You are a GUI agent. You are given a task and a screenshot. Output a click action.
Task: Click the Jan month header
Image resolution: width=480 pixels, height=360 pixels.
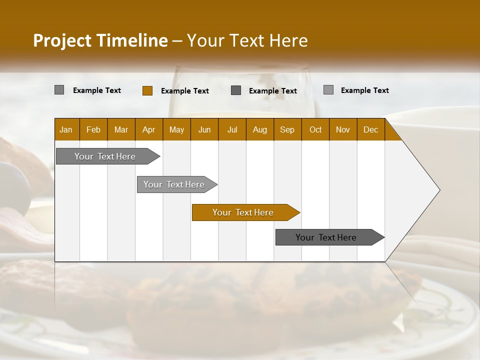tap(66, 129)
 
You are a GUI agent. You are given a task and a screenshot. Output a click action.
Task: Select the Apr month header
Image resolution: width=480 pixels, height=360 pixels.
tap(149, 129)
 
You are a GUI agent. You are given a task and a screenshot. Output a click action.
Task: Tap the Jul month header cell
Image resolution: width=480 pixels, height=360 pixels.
tap(232, 129)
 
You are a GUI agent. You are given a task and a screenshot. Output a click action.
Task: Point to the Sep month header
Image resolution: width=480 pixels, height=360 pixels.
tap(287, 129)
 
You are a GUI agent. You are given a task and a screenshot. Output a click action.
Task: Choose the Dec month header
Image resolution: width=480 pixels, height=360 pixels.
tap(370, 129)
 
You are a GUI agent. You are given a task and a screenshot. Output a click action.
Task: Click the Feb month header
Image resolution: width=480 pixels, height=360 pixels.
tap(93, 129)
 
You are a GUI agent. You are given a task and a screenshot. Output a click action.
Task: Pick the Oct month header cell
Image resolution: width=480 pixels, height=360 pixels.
tap(315, 129)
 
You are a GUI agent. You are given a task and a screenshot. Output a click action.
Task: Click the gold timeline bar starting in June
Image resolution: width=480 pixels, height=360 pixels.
tap(243, 212)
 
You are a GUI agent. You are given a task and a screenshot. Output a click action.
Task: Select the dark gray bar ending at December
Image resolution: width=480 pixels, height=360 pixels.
tap(326, 237)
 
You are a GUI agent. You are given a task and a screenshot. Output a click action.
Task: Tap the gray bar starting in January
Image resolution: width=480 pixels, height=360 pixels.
tap(105, 156)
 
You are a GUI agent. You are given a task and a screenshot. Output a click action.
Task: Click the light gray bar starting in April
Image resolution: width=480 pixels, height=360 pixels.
tap(174, 184)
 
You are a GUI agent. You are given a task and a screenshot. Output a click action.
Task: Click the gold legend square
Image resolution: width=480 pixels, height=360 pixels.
tap(147, 90)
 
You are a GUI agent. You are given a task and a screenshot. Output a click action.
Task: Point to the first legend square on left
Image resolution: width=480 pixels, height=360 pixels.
tap(59, 90)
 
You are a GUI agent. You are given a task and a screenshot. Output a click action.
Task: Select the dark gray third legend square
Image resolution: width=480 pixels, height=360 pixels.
tap(236, 90)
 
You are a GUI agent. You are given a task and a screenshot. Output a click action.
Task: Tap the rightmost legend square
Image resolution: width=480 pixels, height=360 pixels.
tap(328, 90)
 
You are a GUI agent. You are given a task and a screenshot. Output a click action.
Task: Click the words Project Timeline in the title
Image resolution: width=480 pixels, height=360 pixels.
tap(100, 40)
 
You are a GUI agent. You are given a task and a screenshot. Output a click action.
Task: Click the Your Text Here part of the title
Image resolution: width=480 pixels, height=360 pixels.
tap(247, 40)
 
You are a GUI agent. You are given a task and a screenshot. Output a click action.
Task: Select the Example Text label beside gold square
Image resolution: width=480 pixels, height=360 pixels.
tap(185, 91)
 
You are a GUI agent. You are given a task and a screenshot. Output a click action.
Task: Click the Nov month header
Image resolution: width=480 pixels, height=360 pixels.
tap(343, 129)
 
